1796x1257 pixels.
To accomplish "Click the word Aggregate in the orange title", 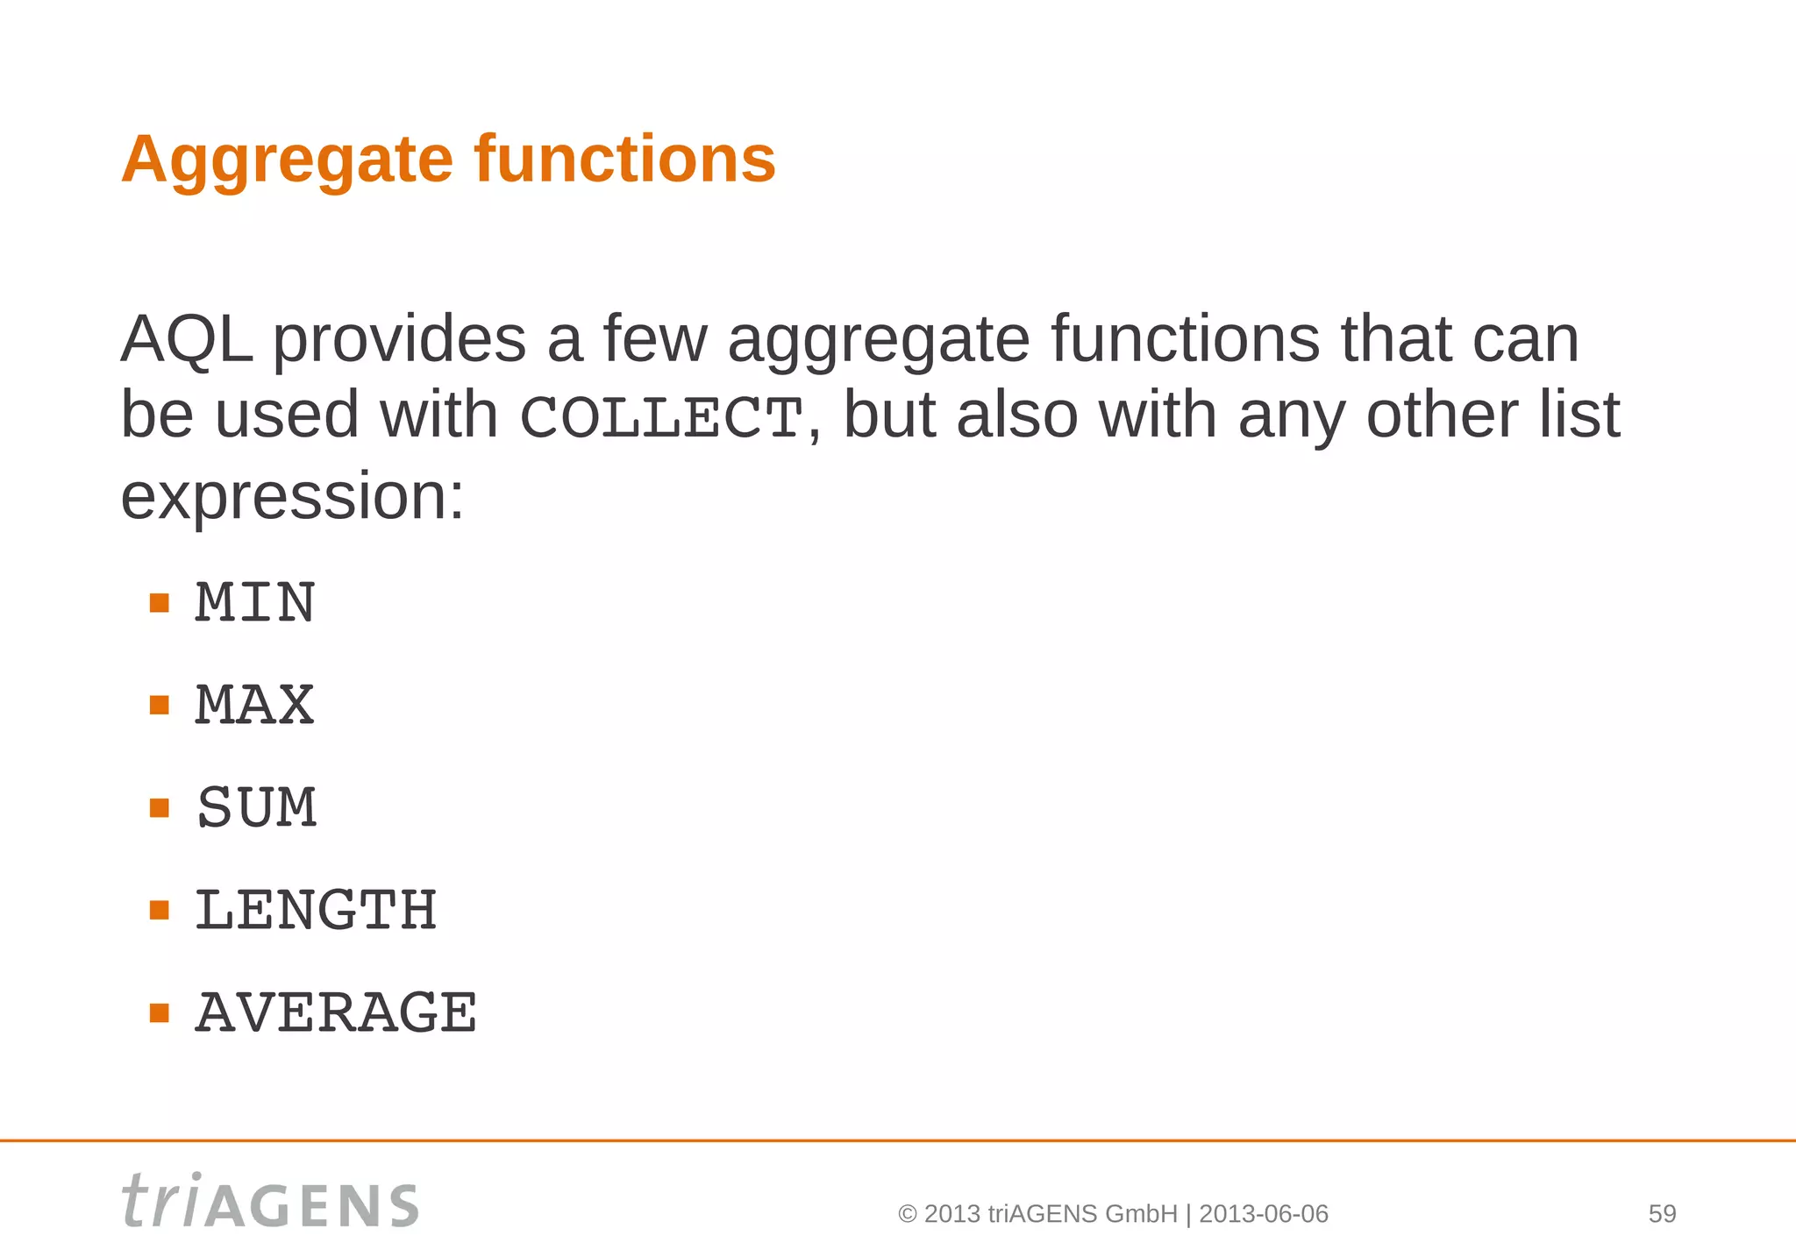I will [286, 160].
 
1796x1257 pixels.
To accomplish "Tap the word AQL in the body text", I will [187, 338].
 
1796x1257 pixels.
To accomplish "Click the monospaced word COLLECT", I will [661, 417].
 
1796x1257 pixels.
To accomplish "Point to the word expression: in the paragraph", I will [292, 496].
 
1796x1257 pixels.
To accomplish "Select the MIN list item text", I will [255, 603].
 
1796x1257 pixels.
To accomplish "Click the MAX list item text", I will [255, 706].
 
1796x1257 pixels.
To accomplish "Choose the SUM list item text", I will [257, 807].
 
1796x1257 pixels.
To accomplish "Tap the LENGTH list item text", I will [316, 910].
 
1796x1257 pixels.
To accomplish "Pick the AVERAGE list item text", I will [336, 1013].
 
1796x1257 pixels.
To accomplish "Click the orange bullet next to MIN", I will [159, 603].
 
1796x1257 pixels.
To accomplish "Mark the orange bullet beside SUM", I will [159, 807].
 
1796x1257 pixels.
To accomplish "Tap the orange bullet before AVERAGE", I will [159, 1013].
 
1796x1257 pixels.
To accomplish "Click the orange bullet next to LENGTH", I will [159, 910].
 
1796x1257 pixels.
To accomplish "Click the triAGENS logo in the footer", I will [270, 1201].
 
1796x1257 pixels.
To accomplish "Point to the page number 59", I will [1662, 1214].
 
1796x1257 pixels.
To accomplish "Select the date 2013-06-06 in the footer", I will [1263, 1214].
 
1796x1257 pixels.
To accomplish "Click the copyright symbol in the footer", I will [908, 1215].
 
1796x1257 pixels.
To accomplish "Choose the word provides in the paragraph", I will [399, 340].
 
